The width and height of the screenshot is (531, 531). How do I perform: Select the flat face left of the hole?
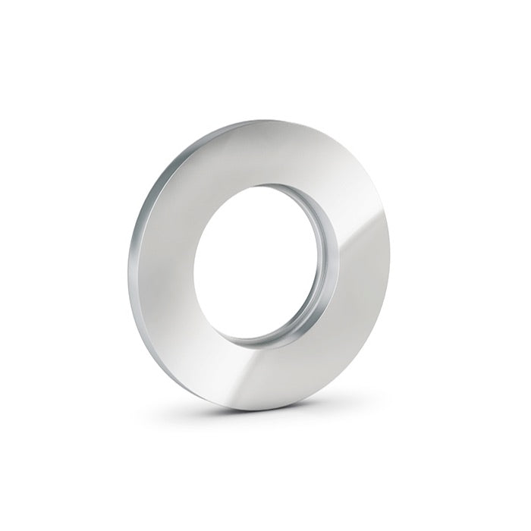(x=163, y=262)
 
